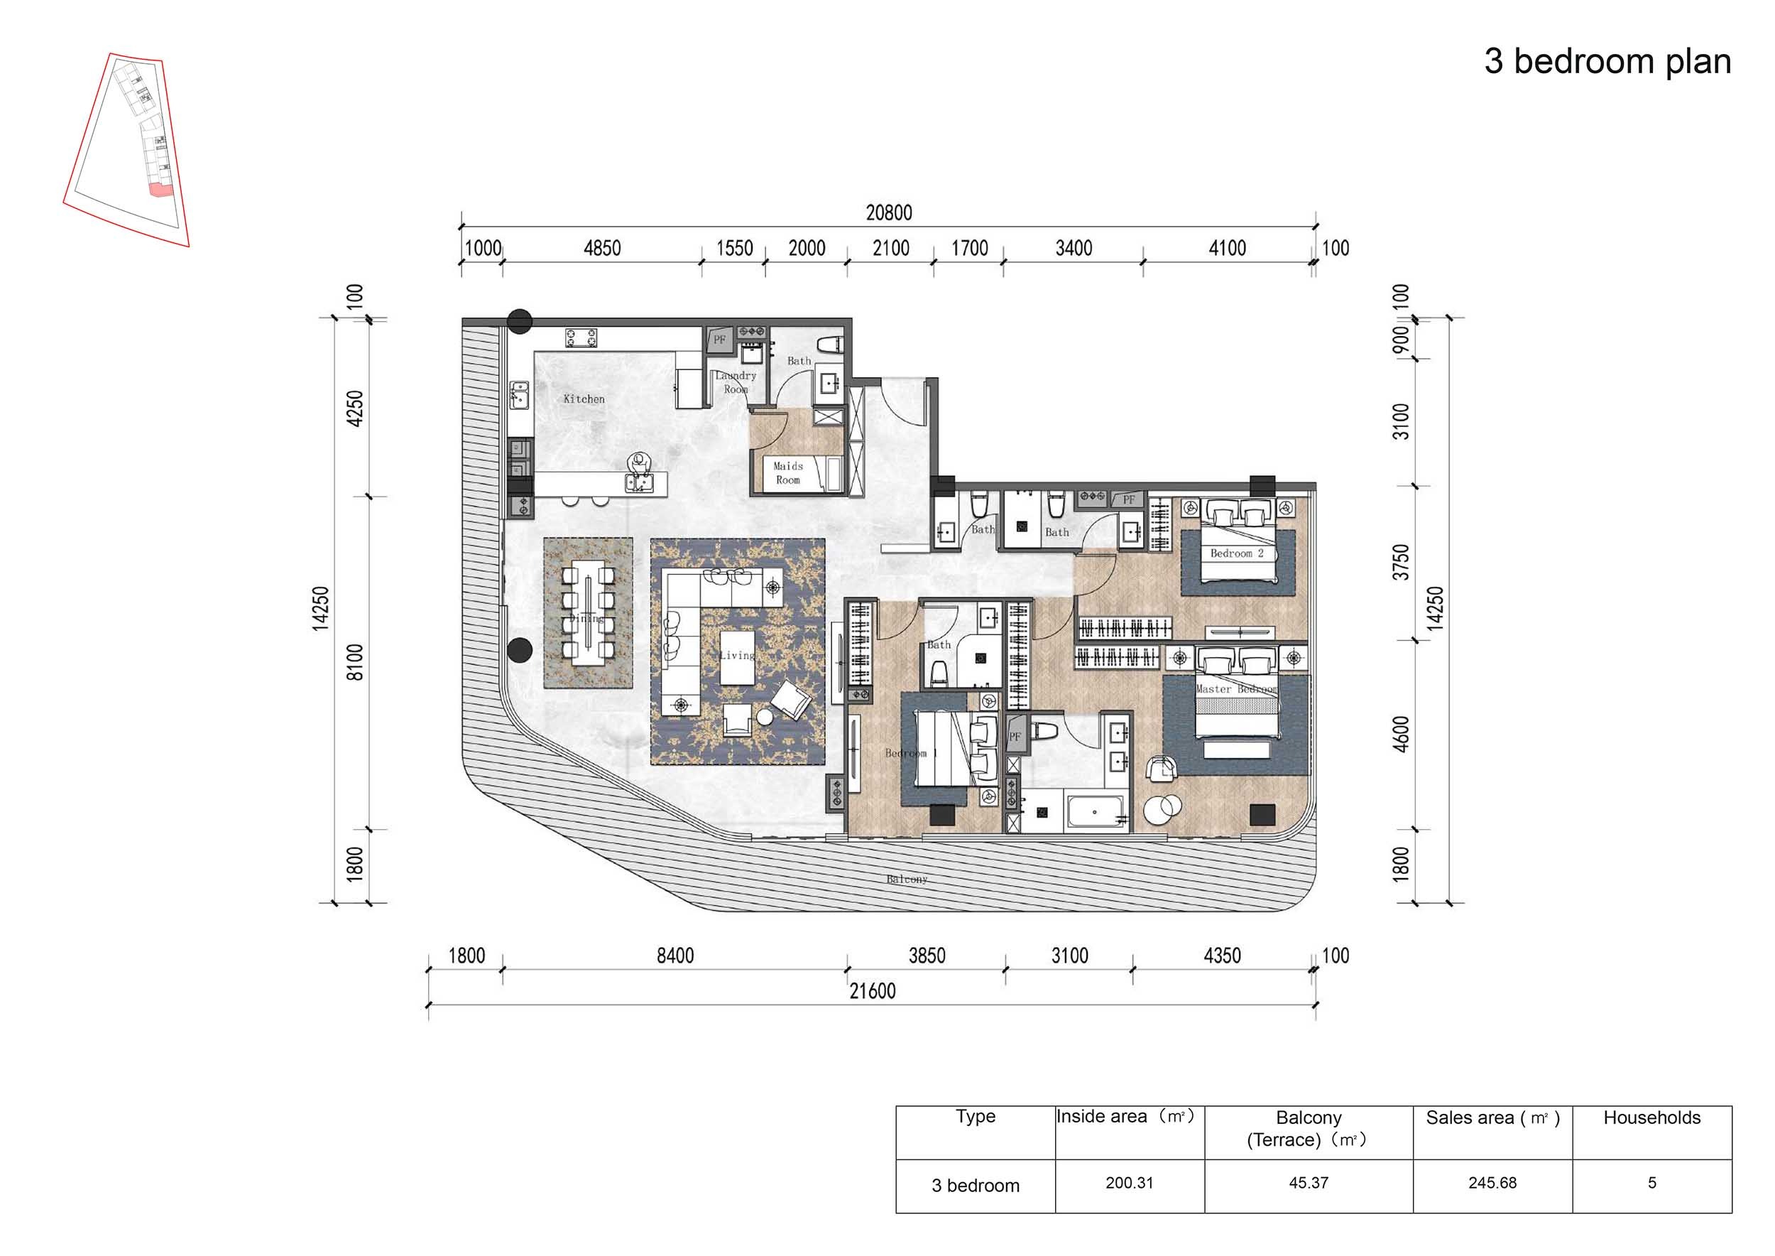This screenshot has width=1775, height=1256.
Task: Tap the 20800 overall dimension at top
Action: [x=888, y=212]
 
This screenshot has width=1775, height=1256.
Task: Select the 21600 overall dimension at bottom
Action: [x=872, y=991]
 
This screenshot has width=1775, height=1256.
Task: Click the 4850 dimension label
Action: [x=601, y=248]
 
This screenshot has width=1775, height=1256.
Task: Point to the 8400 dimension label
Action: [x=675, y=956]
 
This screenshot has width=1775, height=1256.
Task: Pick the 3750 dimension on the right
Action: [x=1401, y=562]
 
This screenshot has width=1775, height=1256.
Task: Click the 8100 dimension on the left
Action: [x=354, y=662]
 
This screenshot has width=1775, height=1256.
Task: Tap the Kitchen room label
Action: [x=584, y=399]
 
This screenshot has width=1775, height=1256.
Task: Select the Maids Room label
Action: [x=788, y=472]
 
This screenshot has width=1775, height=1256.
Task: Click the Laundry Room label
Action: [x=735, y=382]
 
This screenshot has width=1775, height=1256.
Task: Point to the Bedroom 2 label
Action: [x=1236, y=553]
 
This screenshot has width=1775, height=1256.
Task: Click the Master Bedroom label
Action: [x=1236, y=689]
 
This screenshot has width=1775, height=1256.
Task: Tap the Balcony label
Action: [x=906, y=879]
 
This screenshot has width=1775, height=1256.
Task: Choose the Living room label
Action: [x=737, y=655]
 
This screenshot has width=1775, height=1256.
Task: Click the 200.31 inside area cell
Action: [x=1129, y=1183]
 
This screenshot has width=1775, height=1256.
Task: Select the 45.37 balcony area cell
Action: [x=1308, y=1183]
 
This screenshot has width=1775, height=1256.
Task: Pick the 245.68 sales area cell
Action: [x=1492, y=1183]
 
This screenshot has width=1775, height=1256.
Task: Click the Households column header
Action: [x=1651, y=1117]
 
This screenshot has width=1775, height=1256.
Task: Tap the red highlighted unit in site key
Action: [x=160, y=190]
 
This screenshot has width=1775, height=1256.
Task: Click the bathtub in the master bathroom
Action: [x=1095, y=813]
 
